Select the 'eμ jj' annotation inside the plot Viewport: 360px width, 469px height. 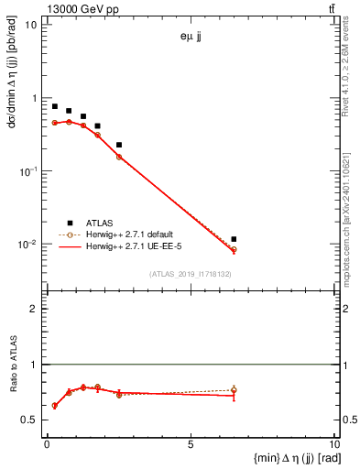tap(191, 38)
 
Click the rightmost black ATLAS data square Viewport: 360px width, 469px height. tap(234, 239)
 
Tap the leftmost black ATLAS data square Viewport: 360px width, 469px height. tap(55, 106)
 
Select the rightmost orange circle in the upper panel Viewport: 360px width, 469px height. tap(234, 249)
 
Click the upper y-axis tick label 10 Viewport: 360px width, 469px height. tap(31, 25)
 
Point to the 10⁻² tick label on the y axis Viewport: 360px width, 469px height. tap(27, 245)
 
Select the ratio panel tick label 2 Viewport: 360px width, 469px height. tap(33, 309)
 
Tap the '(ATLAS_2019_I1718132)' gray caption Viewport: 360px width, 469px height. tap(191, 274)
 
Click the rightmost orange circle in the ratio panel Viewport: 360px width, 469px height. tap(234, 390)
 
